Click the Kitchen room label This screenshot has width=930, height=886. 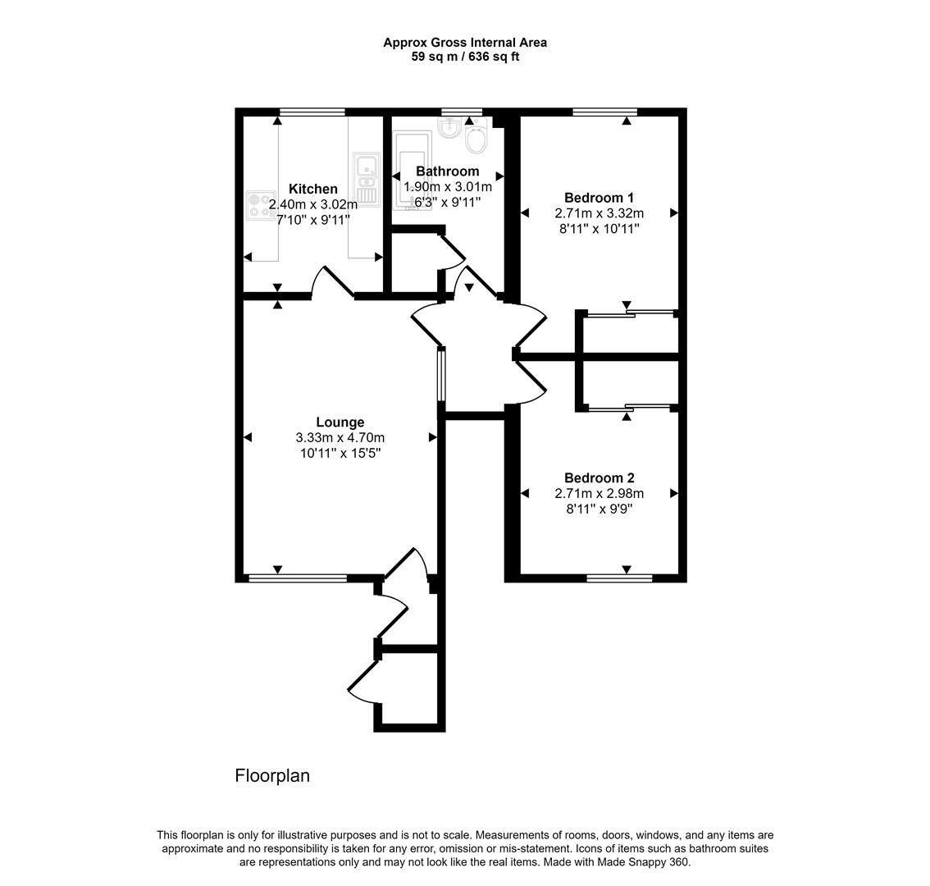point(312,190)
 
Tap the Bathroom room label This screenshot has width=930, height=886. point(447,171)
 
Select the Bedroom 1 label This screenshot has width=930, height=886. point(599,198)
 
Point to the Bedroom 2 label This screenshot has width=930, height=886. point(599,478)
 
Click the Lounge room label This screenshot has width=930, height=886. point(340,422)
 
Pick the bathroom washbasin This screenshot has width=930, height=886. point(449,127)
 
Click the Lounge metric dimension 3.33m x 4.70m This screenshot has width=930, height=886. point(340,438)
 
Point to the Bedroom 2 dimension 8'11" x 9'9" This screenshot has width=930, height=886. point(599,509)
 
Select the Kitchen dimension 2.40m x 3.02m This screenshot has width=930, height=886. point(312,205)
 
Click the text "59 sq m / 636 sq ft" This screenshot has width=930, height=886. point(465,57)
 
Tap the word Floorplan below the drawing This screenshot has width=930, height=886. point(272,776)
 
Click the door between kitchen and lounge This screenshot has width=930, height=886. point(332,282)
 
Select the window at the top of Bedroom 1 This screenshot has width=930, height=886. point(604,112)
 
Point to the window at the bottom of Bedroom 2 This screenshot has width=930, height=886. point(619,578)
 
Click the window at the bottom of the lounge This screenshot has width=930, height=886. point(298,578)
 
